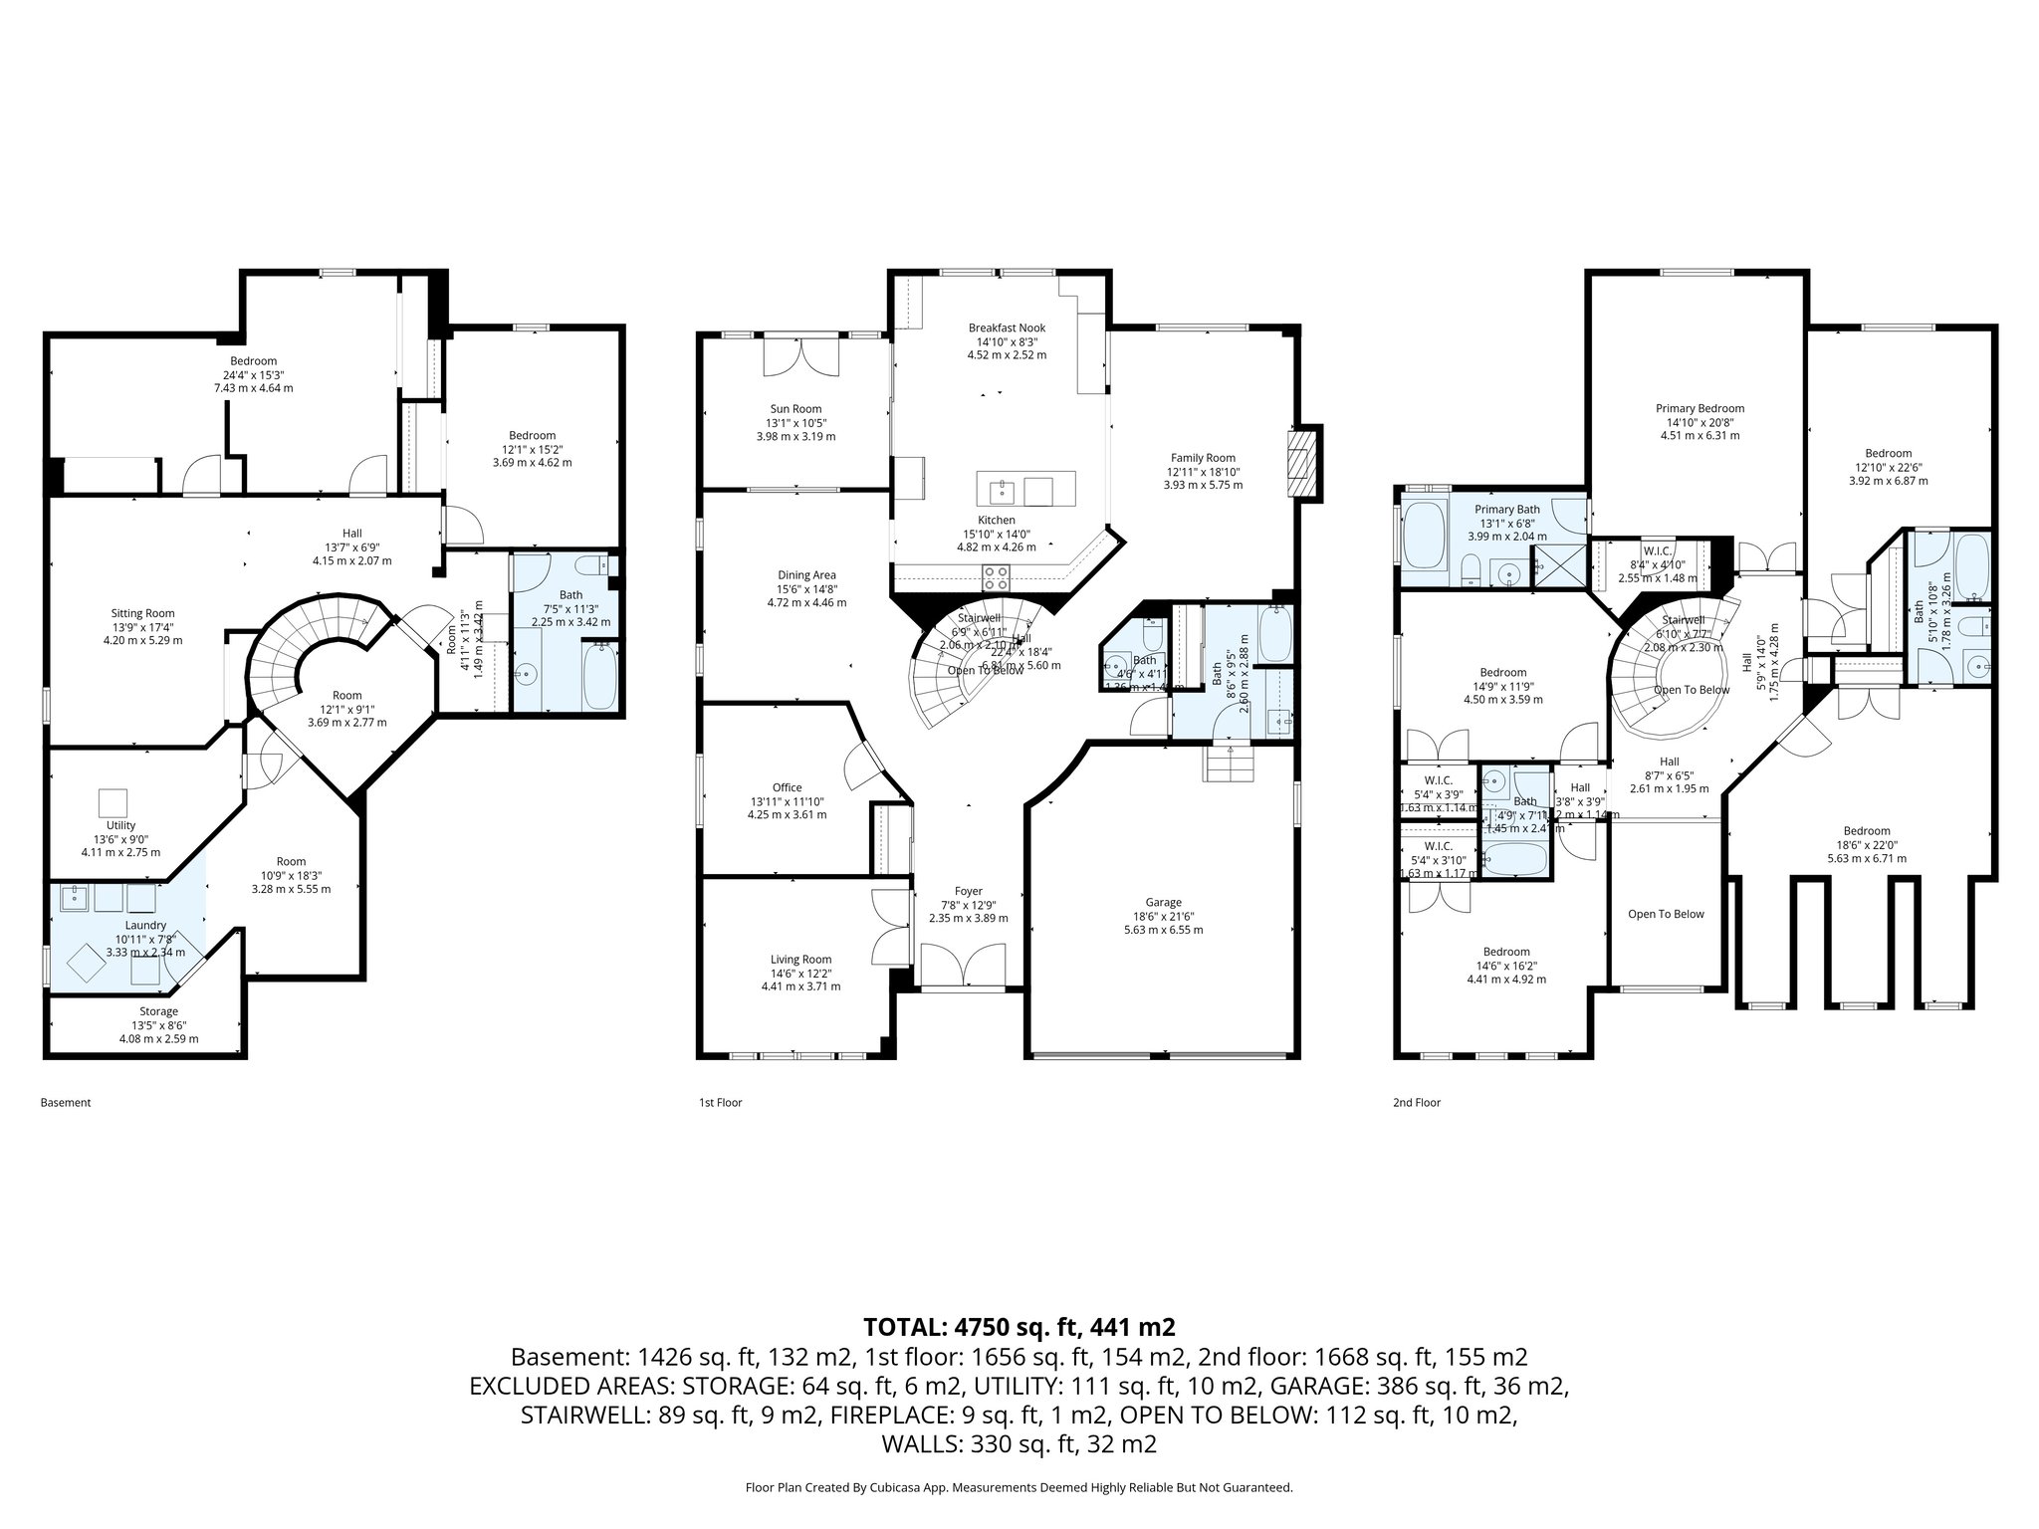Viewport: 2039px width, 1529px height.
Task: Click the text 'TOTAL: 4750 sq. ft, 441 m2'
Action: [1019, 1327]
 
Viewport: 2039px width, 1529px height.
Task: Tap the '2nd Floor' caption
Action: [1416, 1103]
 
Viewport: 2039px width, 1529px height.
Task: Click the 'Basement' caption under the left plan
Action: [66, 1103]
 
